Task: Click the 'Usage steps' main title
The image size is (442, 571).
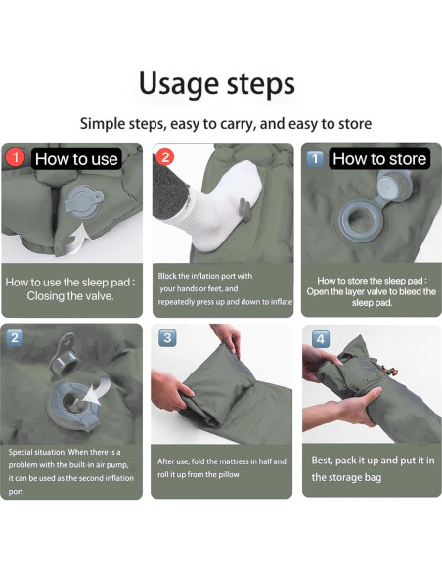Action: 217,84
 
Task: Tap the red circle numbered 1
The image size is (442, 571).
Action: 16,157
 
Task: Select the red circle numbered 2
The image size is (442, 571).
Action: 165,157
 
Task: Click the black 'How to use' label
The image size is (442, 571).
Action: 76,159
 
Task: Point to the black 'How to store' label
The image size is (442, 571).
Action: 379,158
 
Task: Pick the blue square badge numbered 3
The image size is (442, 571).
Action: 167,338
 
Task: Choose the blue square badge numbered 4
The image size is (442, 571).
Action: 321,339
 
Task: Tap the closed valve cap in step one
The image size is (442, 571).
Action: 84,201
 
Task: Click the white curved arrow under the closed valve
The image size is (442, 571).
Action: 77,241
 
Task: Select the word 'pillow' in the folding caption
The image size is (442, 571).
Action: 228,475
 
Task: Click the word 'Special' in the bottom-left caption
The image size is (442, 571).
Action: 19,453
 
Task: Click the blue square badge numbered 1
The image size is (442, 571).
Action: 315,158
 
